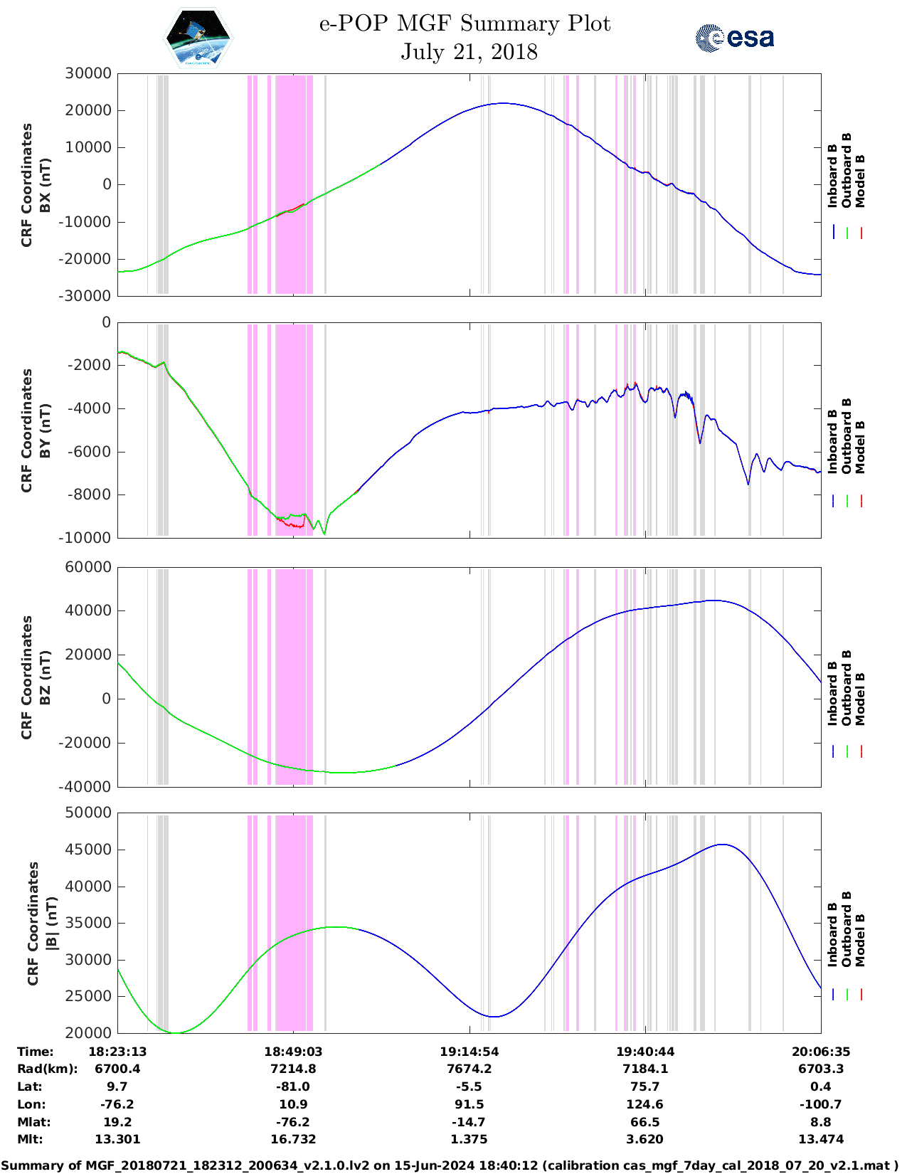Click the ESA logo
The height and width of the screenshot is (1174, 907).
734,38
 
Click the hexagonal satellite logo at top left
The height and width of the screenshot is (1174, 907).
198,38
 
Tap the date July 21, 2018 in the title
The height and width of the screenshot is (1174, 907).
469,52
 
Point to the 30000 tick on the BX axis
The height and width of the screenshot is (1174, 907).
88,73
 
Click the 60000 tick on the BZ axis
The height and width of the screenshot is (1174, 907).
88,567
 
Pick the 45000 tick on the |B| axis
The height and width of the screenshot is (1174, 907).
88,850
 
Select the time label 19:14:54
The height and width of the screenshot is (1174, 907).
469,1052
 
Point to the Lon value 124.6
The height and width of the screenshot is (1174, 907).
645,1104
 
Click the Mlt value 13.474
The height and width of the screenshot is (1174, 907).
820,1139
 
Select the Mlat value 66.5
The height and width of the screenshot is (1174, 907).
645,1122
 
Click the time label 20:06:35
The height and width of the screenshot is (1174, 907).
820,1052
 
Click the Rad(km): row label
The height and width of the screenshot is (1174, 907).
48,1069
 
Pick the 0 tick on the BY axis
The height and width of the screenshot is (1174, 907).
106,322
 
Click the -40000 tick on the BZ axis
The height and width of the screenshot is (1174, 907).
86,787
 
